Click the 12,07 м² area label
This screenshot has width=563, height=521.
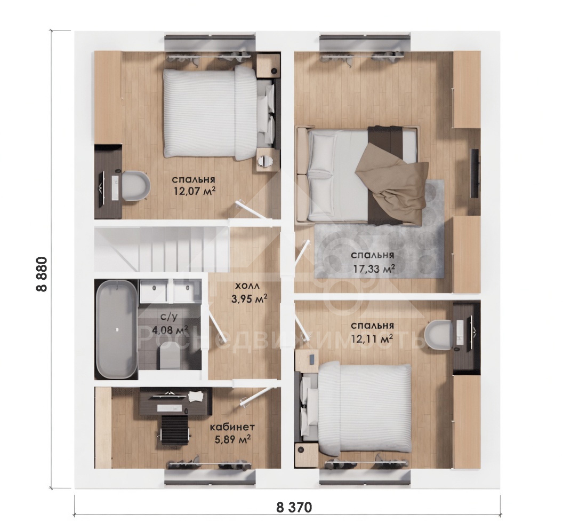(x=194, y=190)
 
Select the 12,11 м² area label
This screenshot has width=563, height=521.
(x=372, y=338)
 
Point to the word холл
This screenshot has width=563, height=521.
(x=247, y=286)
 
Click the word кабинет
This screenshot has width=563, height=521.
(x=232, y=427)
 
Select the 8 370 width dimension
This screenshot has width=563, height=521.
(x=294, y=507)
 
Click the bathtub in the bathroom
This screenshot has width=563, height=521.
(x=116, y=329)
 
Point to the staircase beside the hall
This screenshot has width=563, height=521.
(x=162, y=249)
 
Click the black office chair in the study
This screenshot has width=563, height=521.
(x=174, y=431)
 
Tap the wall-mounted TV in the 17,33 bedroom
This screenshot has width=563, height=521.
(x=474, y=173)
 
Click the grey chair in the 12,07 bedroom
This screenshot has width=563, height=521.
(x=136, y=185)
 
